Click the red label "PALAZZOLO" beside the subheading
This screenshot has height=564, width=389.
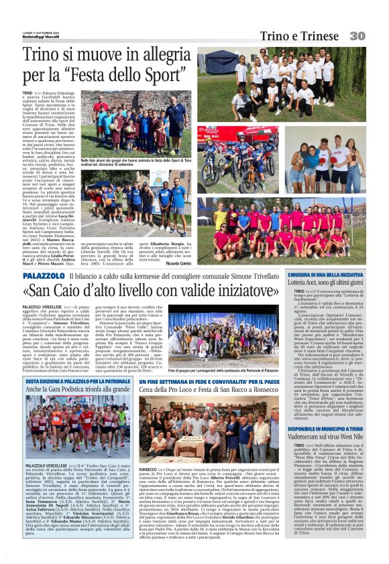coord(44,275)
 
